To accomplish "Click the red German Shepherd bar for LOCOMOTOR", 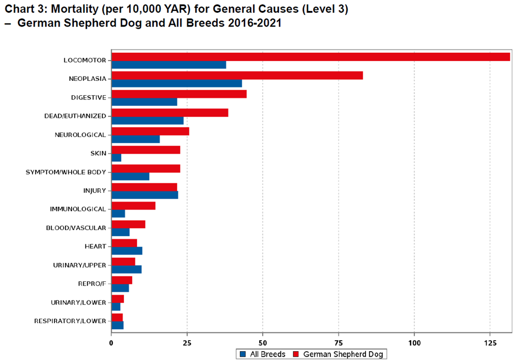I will click(310, 57).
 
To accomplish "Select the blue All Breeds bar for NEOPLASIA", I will click(176, 83).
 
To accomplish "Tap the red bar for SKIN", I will click(145, 150).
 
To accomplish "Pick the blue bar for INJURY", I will click(144, 195).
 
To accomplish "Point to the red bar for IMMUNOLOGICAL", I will click(133, 206).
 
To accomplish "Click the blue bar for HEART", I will click(127, 251).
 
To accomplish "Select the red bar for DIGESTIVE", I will click(179, 94).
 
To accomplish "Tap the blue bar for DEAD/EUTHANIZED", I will click(147, 121).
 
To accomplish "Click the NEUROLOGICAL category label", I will click(80, 135).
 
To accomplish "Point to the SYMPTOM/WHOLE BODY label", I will click(66, 172).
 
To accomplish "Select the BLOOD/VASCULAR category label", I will click(77, 228).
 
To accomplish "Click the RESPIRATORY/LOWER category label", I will click(70, 321).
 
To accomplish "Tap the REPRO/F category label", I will click(91, 284).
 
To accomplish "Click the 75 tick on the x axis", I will click(263, 342).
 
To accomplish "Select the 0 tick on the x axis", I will click(111, 342).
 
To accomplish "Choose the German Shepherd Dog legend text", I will click(343, 354).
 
